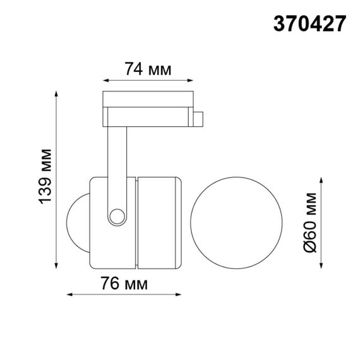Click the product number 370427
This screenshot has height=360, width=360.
(x=309, y=23)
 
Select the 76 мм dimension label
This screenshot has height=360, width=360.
(x=124, y=284)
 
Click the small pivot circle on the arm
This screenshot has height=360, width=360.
(x=116, y=217)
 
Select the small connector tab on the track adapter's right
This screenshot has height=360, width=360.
(x=199, y=118)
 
